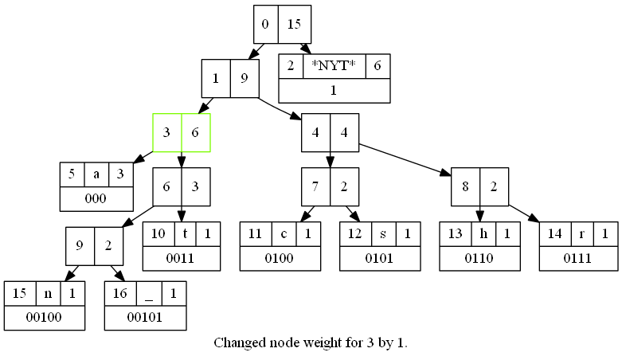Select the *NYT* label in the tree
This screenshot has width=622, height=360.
(x=334, y=65)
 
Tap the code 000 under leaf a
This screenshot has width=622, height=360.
(x=96, y=198)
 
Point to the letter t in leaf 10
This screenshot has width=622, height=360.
(x=185, y=234)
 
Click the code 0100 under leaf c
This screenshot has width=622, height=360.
(x=280, y=258)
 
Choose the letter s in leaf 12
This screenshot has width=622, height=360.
(x=383, y=234)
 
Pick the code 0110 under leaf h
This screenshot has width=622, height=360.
(x=479, y=258)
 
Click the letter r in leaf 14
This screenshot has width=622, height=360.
(x=582, y=234)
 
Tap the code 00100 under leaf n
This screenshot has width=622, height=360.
(x=44, y=317)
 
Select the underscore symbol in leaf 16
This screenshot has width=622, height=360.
(x=149, y=299)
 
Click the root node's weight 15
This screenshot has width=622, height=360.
(x=294, y=24)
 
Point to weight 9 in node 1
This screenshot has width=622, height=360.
(x=244, y=78)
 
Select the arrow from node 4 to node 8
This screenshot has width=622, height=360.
(x=405, y=159)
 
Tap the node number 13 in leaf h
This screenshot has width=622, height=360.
(x=455, y=234)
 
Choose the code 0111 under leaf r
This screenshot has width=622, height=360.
(x=577, y=258)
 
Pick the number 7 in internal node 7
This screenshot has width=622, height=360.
(x=315, y=186)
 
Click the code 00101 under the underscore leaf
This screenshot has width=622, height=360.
(x=145, y=317)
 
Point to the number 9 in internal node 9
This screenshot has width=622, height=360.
(x=80, y=246)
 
